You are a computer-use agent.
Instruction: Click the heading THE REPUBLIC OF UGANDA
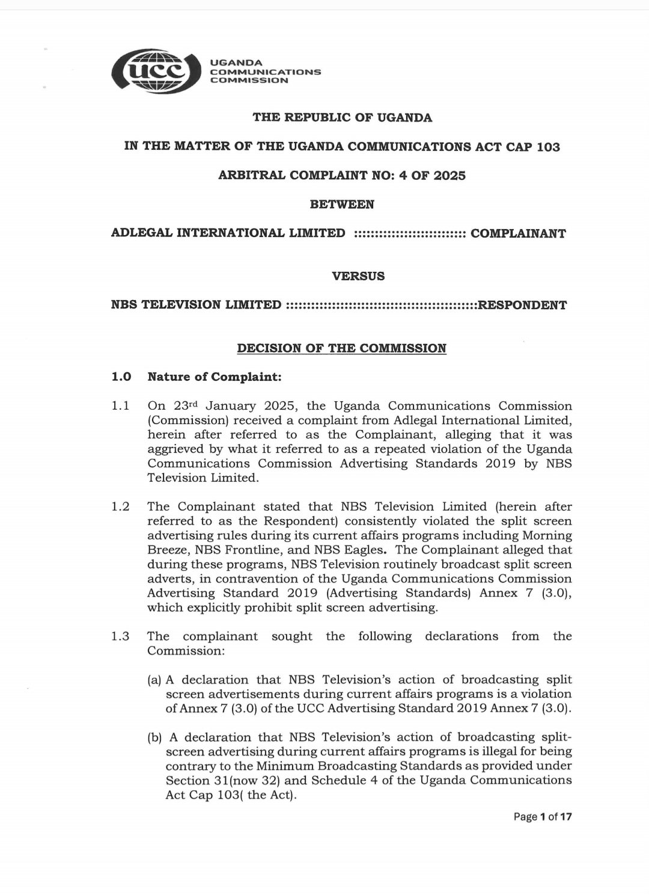tap(342, 117)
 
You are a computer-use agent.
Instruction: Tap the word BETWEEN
tap(342, 205)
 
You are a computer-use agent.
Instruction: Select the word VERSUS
tap(358, 276)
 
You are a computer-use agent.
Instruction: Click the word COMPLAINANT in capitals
tap(518, 233)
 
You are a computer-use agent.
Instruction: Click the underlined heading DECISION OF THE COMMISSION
tap(341, 348)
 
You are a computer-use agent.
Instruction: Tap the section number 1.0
tap(121, 377)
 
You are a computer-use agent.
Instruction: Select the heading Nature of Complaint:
tap(215, 377)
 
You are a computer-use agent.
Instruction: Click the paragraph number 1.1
tap(120, 406)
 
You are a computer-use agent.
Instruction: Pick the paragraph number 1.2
tap(120, 506)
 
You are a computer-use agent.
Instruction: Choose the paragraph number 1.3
tap(120, 636)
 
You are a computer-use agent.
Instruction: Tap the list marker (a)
tap(154, 680)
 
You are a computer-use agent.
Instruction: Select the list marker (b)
tap(154, 737)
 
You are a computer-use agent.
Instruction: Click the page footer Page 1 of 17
tap(542, 817)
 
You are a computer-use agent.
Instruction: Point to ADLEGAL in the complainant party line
tap(141, 233)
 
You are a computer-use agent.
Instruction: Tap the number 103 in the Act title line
tap(548, 147)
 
